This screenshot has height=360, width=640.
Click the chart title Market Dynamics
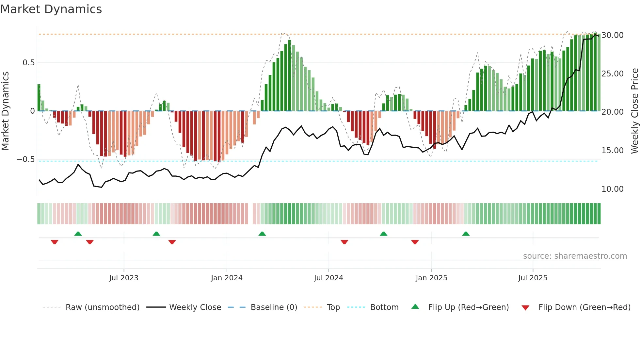pyautogui.click(x=51, y=9)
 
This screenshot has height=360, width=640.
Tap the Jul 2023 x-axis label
pyautogui.click(x=124, y=278)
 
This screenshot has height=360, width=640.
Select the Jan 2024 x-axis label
pyautogui.click(x=227, y=278)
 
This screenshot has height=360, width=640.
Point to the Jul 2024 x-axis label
pyautogui.click(x=328, y=278)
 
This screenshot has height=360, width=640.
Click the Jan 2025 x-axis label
pyautogui.click(x=431, y=278)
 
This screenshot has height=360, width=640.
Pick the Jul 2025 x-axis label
pyautogui.click(x=533, y=278)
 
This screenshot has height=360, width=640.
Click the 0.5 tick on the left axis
pyautogui.click(x=28, y=63)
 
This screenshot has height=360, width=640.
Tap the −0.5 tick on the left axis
pyautogui.click(x=25, y=159)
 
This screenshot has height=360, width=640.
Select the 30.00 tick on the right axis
pyautogui.click(x=613, y=35)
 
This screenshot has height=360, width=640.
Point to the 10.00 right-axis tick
pyautogui.click(x=613, y=189)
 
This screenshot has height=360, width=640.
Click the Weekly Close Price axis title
pyautogui.click(x=634, y=111)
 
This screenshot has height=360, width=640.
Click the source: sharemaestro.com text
pyautogui.click(x=575, y=256)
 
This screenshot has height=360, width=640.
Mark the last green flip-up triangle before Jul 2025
pyautogui.click(x=466, y=234)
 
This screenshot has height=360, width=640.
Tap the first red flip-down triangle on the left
pyautogui.click(x=55, y=242)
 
